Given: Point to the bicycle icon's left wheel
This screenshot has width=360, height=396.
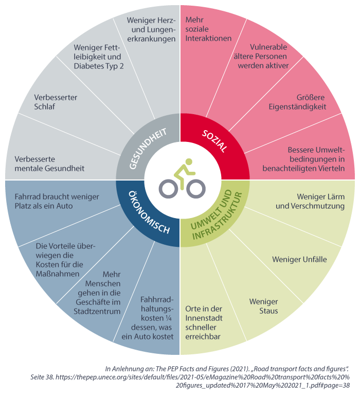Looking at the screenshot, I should click(x=168, y=189).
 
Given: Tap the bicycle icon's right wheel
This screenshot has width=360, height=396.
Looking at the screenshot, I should click(x=195, y=189).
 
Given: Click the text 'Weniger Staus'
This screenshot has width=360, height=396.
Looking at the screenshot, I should click(x=263, y=306).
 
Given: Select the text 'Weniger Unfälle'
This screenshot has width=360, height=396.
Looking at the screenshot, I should click(x=299, y=259).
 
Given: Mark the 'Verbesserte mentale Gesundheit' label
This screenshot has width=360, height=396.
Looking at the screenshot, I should click(x=49, y=164).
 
